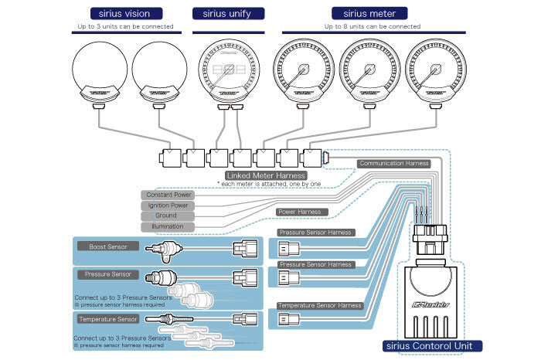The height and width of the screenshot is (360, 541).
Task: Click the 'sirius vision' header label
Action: click(125, 13)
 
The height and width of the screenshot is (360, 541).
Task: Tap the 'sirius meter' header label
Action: click(359, 13)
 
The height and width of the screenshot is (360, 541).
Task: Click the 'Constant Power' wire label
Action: click(166, 195)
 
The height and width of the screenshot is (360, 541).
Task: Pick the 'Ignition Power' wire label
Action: click(166, 205)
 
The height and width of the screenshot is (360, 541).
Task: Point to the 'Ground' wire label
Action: click(166, 216)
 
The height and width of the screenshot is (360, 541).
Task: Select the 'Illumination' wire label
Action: click(166, 227)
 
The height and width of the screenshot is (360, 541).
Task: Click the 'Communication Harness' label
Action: click(394, 164)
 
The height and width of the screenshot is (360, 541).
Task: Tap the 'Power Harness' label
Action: click(299, 211)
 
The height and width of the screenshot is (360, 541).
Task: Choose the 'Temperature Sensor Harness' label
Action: click(320, 306)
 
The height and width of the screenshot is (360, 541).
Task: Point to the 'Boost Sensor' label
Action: click(107, 246)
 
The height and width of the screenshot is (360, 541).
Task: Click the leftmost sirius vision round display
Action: click(100, 73)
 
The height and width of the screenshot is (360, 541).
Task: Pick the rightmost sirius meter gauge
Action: click(435, 73)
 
